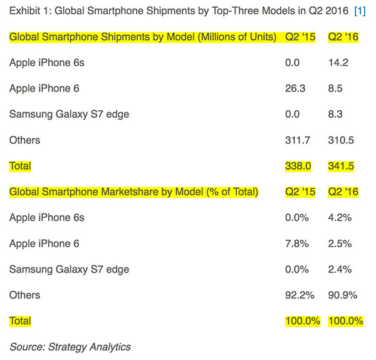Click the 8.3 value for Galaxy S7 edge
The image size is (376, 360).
click(x=337, y=114)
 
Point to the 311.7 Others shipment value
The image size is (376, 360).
click(x=298, y=140)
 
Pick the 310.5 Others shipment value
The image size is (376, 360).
click(x=342, y=140)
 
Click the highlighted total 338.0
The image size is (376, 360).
click(x=298, y=166)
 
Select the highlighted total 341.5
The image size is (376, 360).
click(x=342, y=166)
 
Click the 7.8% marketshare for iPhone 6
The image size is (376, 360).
click(x=297, y=244)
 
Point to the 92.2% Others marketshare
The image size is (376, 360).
click(x=300, y=295)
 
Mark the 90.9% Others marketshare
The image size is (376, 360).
click(x=344, y=295)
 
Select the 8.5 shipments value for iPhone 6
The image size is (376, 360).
click(x=337, y=88)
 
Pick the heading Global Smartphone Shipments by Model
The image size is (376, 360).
click(x=143, y=37)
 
